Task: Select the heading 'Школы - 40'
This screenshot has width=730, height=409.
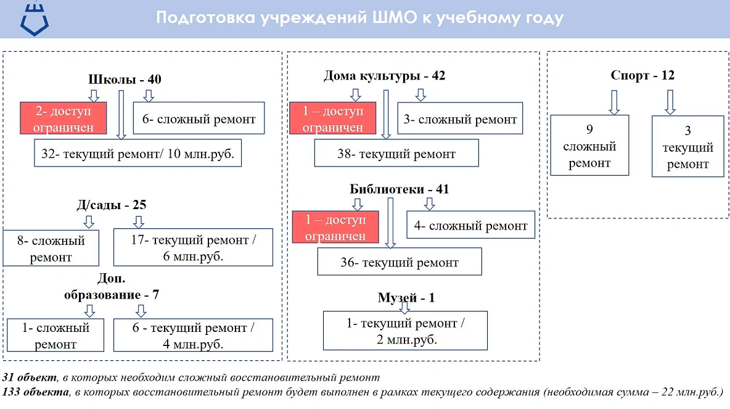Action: (x=125, y=80)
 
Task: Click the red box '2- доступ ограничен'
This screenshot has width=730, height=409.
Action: (x=64, y=118)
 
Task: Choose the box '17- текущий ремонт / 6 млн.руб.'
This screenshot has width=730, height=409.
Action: (x=193, y=247)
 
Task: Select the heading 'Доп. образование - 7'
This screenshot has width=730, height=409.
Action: (x=112, y=287)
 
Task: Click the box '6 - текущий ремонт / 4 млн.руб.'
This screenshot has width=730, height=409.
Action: (x=193, y=335)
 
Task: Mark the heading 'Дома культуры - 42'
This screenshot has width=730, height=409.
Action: (x=384, y=76)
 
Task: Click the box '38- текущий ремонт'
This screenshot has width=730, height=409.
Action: (x=396, y=154)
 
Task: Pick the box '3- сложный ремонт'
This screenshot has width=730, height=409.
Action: (x=460, y=119)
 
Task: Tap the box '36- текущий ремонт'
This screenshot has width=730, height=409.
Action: (x=400, y=262)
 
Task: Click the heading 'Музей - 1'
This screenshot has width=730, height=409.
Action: (x=406, y=298)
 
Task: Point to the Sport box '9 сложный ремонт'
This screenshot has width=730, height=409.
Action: (x=589, y=146)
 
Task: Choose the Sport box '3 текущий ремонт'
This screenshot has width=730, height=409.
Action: (x=687, y=147)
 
